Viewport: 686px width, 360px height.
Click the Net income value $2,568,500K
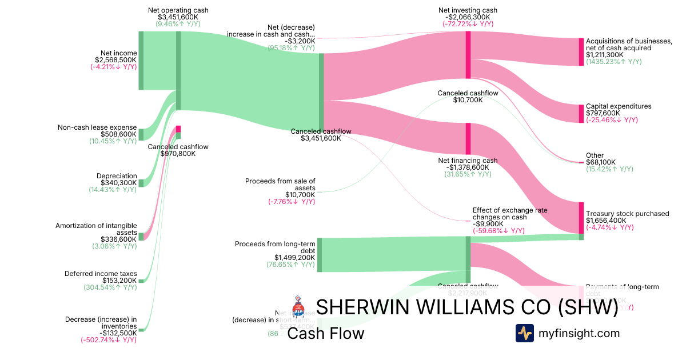tap(116, 59)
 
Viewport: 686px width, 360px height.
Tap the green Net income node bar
tap(141, 61)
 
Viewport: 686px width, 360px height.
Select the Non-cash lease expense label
tap(97, 127)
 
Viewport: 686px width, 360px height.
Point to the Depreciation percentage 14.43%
tap(112, 190)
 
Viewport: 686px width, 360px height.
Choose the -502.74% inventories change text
tap(109, 340)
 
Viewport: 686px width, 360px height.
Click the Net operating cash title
tap(178, 10)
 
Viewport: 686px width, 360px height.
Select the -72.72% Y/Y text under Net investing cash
tap(468, 24)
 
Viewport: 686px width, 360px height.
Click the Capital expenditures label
tap(619, 106)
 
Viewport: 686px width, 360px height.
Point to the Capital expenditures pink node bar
tap(581, 113)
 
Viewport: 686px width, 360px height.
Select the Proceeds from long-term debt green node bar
tap(320, 254)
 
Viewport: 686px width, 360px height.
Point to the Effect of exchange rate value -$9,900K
tap(489, 224)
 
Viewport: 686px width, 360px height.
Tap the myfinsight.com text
tap(579, 333)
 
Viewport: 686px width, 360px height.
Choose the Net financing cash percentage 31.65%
tap(468, 174)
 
